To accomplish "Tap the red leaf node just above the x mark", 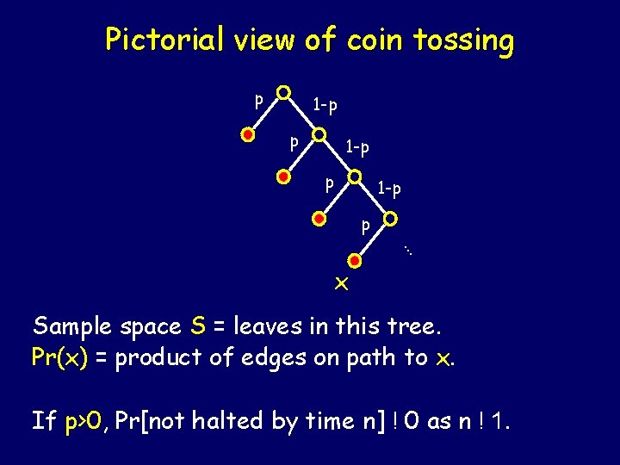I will click(x=353, y=259).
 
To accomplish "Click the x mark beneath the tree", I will click(x=341, y=283).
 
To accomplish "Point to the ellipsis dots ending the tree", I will click(x=410, y=251).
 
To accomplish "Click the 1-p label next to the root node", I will click(x=325, y=106).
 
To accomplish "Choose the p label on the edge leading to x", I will click(x=365, y=227).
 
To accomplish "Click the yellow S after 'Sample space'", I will click(x=198, y=326).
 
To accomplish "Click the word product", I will click(x=158, y=357).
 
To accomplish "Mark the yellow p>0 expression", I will click(x=84, y=420).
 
